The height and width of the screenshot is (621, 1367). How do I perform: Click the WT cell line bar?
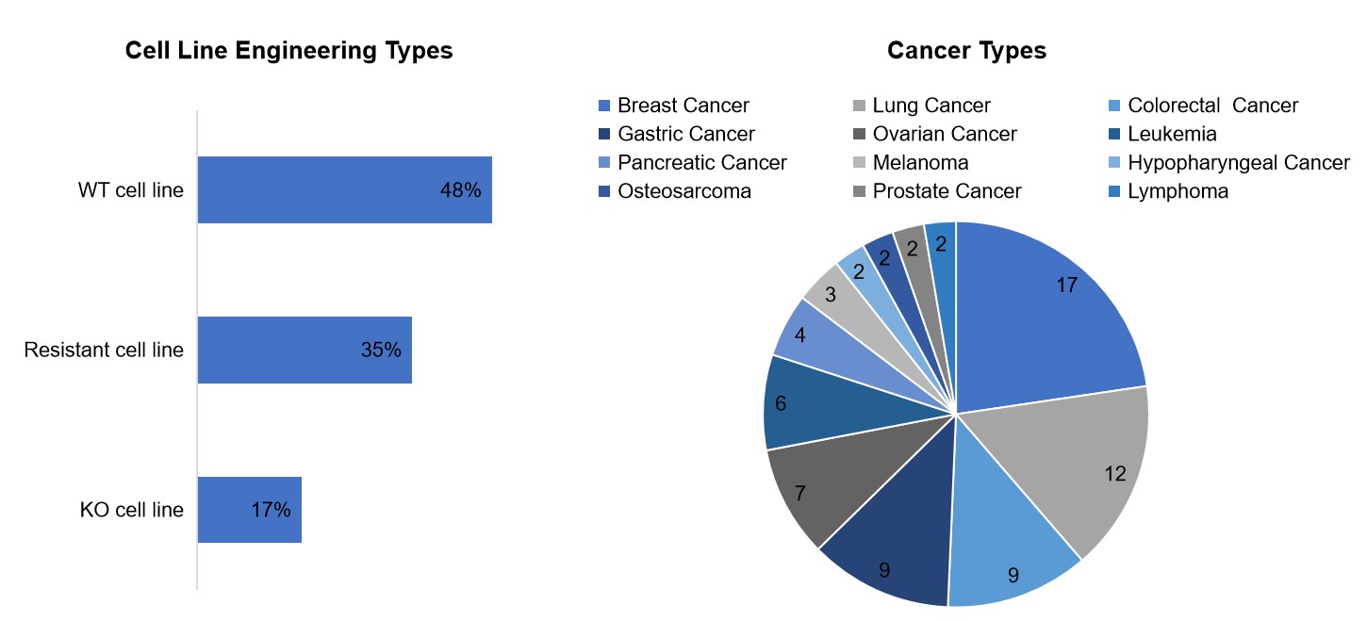click(x=345, y=189)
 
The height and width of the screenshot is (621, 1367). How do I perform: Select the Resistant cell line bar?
click(x=305, y=351)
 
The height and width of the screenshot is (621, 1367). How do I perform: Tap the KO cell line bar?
click(x=250, y=510)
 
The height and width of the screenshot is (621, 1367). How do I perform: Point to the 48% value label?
click(x=461, y=190)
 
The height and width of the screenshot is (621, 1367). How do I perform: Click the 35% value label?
click(x=381, y=350)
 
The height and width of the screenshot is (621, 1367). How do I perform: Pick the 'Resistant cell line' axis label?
click(x=104, y=350)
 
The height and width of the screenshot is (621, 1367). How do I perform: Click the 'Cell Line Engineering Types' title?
click(x=288, y=50)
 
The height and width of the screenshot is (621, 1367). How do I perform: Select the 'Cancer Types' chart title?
click(x=966, y=50)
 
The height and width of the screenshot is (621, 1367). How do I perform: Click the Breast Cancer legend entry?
click(x=674, y=105)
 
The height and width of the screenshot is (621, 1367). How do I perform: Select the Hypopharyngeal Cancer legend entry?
click(x=1229, y=162)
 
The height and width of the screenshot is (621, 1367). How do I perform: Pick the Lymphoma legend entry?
click(x=1168, y=191)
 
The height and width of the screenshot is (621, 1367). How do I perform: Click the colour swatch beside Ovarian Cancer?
click(x=859, y=134)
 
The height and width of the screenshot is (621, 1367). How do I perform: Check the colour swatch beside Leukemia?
click(x=1114, y=134)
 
